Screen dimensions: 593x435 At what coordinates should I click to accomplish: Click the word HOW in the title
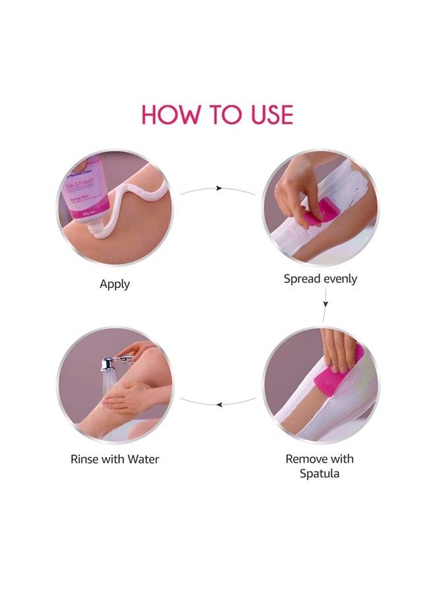[x=169, y=115]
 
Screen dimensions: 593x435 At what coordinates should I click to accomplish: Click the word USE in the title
[x=264, y=115]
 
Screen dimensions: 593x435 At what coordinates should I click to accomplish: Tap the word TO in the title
[x=217, y=115]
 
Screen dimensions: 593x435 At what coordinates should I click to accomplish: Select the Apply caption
[x=115, y=285]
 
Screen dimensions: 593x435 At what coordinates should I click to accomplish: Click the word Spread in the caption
[x=301, y=279]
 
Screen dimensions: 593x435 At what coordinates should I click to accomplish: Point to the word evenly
[x=339, y=279]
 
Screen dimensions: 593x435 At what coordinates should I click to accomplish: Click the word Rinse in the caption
[x=86, y=459]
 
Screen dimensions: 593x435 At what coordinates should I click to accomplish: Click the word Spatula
[x=320, y=473]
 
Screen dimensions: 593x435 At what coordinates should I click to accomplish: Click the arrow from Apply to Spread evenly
[x=218, y=189]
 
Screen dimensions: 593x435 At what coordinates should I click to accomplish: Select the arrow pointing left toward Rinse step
[x=218, y=401]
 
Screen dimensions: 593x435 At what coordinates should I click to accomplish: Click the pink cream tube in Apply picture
[x=86, y=198]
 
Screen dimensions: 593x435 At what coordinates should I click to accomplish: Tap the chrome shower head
[x=109, y=363]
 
